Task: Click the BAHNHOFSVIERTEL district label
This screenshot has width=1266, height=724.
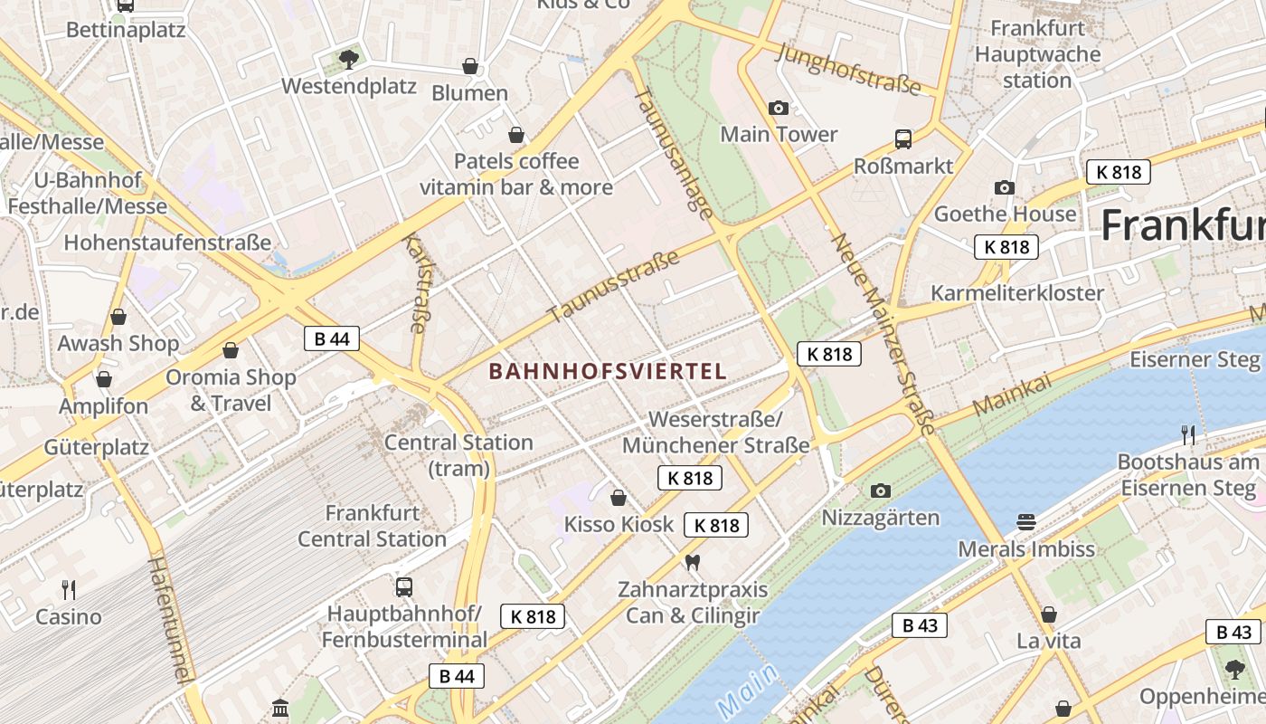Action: tap(608, 371)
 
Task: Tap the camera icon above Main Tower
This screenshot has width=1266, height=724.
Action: tap(778, 109)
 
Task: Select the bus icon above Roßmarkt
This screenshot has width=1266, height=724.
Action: tap(902, 139)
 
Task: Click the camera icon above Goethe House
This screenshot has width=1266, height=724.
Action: tap(1004, 187)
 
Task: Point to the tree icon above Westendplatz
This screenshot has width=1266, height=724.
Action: tap(348, 60)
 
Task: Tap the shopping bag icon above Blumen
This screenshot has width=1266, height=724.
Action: tap(470, 66)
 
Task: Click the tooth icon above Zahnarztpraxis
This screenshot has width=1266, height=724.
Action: tap(693, 563)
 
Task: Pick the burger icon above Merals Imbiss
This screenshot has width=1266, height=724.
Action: tap(1025, 522)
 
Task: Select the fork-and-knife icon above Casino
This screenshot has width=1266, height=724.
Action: tap(69, 590)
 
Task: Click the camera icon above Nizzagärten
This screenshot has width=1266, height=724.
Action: tap(880, 491)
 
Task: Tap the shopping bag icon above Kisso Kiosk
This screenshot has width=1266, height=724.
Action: tap(619, 498)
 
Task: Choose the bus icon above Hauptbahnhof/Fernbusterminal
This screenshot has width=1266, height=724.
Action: tap(404, 586)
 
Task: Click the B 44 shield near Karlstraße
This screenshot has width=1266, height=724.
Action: tap(332, 338)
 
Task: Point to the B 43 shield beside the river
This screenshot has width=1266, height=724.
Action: tap(920, 625)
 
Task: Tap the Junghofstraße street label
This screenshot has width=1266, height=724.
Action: tap(848, 70)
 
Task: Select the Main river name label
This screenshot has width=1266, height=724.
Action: tap(746, 691)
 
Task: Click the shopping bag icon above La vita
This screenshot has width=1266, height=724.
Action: tap(1049, 615)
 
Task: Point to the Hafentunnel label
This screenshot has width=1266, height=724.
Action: tap(171, 619)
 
